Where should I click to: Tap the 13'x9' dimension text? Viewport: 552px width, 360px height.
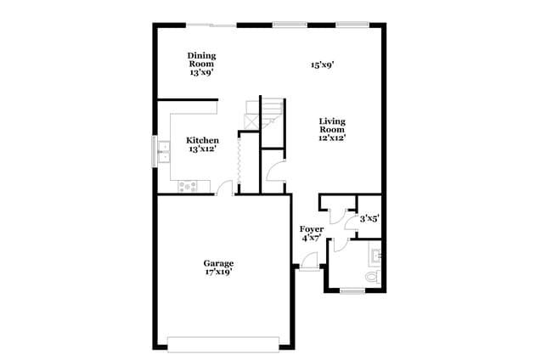click(x=201, y=73)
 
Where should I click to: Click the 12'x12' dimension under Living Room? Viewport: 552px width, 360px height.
click(x=332, y=137)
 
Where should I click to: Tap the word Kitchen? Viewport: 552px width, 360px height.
click(x=203, y=140)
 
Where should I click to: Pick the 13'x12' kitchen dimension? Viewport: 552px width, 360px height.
click(x=203, y=150)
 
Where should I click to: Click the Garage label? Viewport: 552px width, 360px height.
click(x=217, y=263)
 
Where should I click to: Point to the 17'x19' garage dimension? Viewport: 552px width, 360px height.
click(x=217, y=273)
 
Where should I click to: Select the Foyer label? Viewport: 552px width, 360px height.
click(x=312, y=229)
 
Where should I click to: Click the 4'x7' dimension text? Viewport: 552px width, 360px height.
click(x=312, y=239)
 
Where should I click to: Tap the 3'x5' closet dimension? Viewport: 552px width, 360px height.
click(x=369, y=219)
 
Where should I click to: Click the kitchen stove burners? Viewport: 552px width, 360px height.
click(x=188, y=186)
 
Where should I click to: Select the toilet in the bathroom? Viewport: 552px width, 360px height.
click(x=371, y=278)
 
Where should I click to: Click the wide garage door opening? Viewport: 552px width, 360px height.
click(x=222, y=344)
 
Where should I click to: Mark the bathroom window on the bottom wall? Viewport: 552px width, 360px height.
click(x=352, y=291)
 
